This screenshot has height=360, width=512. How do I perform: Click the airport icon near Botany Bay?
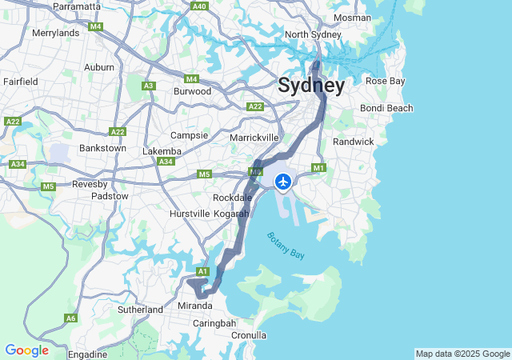(282, 182)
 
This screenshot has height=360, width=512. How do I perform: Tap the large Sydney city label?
(311, 86)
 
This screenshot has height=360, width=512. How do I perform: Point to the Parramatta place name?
(77, 6)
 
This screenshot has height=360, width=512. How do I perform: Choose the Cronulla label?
(248, 334)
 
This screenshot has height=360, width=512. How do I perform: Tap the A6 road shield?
(71, 318)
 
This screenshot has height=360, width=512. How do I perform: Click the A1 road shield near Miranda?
(202, 272)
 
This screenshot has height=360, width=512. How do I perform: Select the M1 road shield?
(319, 167)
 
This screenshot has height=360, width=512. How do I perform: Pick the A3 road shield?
(148, 86)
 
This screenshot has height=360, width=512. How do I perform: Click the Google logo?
(26, 350)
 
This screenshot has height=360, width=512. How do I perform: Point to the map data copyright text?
(462, 354)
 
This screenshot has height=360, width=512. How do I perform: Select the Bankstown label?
(102, 148)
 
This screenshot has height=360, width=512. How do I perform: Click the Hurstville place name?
(190, 214)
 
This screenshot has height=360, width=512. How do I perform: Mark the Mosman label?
(352, 18)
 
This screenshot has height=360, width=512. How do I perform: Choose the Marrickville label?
(254, 138)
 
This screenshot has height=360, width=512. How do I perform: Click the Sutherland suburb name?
(140, 309)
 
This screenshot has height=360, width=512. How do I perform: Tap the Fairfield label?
(20, 82)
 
